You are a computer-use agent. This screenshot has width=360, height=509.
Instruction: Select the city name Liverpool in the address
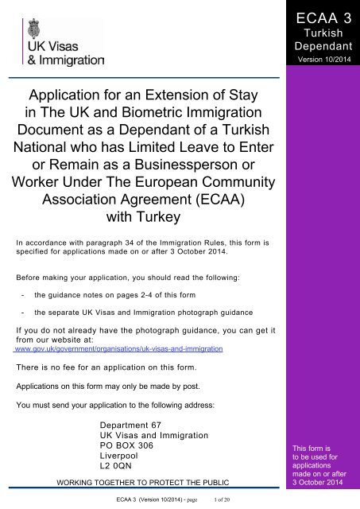[115, 458]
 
